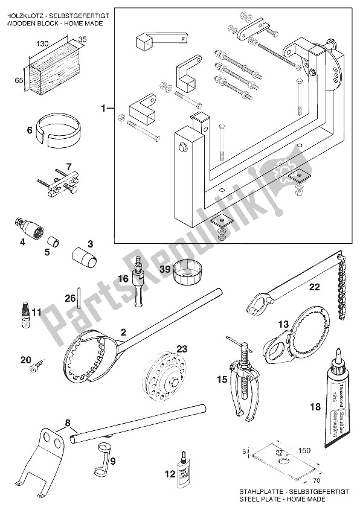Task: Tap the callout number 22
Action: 314,287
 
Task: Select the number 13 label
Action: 283,325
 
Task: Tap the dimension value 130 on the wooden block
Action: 42,44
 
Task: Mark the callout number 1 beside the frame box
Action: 104,108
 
